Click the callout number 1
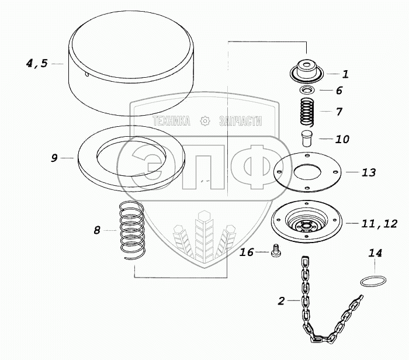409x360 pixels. point(345,74)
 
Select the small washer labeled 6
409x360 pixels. point(307,90)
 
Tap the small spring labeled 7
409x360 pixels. point(307,112)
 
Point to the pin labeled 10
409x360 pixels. point(307,139)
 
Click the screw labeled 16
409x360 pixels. point(275,251)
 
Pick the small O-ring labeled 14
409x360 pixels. point(373,282)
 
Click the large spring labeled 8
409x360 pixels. point(131,231)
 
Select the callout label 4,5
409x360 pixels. point(37,63)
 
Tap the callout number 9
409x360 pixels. point(54,158)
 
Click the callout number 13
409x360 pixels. point(369,172)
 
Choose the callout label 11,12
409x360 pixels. point(379,224)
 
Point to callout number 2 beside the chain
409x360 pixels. point(281,301)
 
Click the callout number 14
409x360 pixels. point(375,253)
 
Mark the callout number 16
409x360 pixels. point(247,252)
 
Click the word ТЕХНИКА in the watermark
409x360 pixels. point(171,122)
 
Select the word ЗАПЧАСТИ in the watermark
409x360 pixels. point(241,122)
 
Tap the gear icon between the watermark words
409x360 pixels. point(204,122)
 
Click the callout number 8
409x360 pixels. point(97,230)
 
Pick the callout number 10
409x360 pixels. point(342,139)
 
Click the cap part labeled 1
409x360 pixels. point(307,70)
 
